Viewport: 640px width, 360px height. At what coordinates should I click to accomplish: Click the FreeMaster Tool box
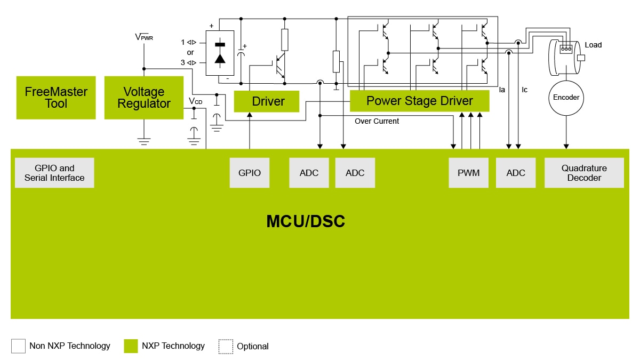56,98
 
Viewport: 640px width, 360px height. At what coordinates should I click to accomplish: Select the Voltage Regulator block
143,98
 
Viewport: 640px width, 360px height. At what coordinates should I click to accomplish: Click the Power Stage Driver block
419,101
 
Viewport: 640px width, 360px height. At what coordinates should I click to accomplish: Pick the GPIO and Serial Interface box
54,173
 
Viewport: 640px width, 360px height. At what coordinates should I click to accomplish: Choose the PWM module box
468,173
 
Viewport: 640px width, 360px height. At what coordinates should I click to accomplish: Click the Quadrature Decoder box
584,173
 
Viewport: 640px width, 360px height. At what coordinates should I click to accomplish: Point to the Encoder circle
566,98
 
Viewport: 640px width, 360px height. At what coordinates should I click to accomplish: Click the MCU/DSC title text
306,221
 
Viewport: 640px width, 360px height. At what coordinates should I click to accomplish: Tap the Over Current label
377,122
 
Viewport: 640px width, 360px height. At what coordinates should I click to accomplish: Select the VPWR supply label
144,37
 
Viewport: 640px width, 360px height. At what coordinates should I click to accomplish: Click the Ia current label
502,90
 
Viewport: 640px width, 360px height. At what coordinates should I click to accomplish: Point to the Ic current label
524,90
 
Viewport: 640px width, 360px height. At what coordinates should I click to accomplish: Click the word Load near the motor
593,45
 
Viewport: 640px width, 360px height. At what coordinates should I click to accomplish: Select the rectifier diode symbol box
220,52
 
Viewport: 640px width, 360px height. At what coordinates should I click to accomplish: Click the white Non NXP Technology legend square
18,346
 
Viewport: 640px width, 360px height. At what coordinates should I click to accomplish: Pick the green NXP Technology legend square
131,346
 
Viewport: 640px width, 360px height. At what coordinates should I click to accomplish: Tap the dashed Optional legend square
226,346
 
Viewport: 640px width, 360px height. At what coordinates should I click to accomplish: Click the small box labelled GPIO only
250,173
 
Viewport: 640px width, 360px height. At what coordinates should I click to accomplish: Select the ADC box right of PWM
516,173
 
